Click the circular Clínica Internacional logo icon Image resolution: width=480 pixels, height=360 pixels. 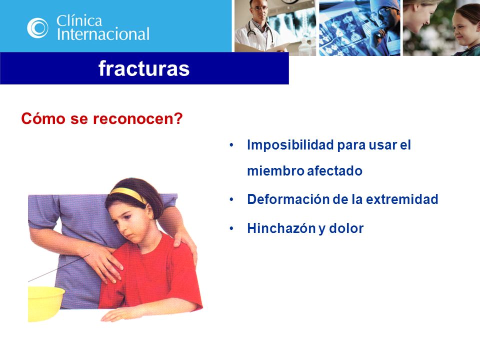tap(37, 28)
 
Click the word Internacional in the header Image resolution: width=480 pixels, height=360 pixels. tap(103, 34)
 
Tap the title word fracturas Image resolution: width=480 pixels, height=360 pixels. tap(144, 68)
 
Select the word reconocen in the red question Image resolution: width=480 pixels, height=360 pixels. tap(138, 118)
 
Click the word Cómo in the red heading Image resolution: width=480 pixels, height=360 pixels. tap(43, 118)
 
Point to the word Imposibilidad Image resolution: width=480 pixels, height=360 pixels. tap(290, 145)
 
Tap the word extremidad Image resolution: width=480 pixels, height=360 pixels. tap(402, 199)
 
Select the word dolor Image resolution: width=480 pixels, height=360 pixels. tap(346, 228)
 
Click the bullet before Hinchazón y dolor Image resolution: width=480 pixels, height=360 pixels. tap(231, 228)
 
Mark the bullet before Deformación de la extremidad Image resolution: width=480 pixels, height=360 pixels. tap(231, 199)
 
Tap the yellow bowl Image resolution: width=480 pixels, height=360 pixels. tap(45, 303)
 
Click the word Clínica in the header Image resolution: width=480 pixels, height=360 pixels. tap(79, 20)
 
